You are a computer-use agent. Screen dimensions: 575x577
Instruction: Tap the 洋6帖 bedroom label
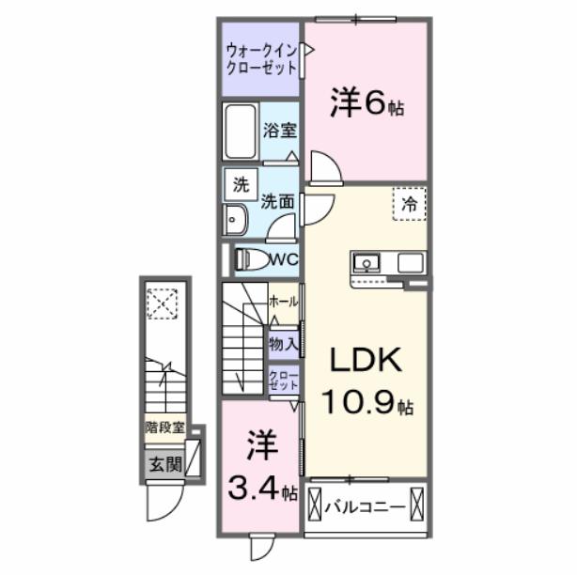coord(366,104)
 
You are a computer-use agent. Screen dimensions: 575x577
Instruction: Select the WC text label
coord(283,259)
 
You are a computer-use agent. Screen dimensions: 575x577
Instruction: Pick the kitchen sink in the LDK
coord(366,261)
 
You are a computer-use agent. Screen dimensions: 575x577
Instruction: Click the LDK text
coord(365,360)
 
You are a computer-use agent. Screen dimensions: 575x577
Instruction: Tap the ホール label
coord(283,302)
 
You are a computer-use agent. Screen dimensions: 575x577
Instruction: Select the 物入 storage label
coord(283,344)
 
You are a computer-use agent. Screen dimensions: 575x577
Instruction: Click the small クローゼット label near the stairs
coord(283,381)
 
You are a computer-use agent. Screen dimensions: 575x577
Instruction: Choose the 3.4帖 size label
coord(262,489)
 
